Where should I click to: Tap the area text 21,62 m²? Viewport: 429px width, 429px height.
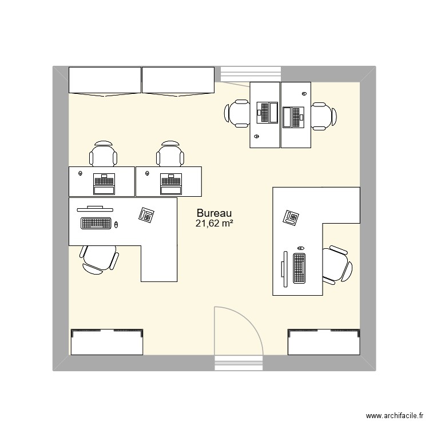click(x=214, y=224)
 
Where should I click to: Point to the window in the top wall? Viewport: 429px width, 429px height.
click(x=251, y=74)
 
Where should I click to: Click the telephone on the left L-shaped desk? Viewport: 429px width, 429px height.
click(x=146, y=215)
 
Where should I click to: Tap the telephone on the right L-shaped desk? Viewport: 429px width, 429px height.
click(x=291, y=218)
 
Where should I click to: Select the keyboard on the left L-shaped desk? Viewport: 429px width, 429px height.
click(x=96, y=223)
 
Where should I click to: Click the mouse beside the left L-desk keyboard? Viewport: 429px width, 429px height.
click(x=116, y=224)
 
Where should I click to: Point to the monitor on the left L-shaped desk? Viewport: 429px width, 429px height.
click(x=94, y=208)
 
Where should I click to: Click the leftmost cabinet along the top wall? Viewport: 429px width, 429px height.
click(x=105, y=80)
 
